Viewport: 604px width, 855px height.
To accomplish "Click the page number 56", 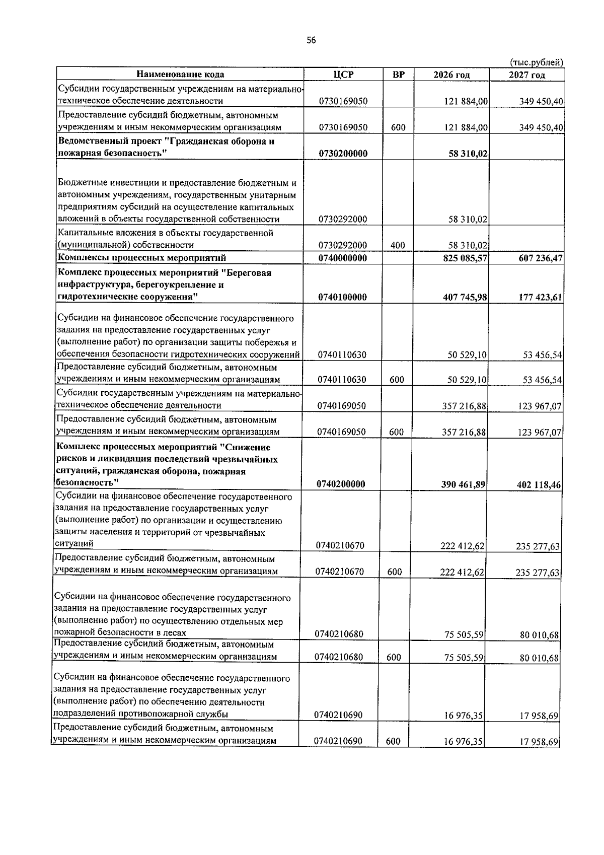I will click(311, 41).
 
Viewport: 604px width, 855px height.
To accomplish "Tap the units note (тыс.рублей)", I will click(537, 62).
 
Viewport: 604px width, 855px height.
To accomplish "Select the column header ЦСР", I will click(343, 75).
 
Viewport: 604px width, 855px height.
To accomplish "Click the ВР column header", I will click(398, 75).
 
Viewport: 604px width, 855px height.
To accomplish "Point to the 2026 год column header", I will click(451, 75).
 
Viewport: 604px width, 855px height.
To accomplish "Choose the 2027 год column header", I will click(527, 75).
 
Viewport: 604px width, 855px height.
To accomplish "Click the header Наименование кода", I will click(180, 75).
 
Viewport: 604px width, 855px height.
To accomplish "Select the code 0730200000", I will click(343, 154).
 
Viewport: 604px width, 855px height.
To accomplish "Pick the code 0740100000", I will click(342, 297).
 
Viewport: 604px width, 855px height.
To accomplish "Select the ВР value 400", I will click(398, 245).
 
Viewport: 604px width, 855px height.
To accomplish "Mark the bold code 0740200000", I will click(341, 484).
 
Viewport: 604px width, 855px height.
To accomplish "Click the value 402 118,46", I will click(539, 484).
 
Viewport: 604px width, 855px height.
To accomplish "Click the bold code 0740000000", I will click(343, 258).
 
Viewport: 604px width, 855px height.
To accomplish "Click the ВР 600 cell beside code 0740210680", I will click(394, 657).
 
